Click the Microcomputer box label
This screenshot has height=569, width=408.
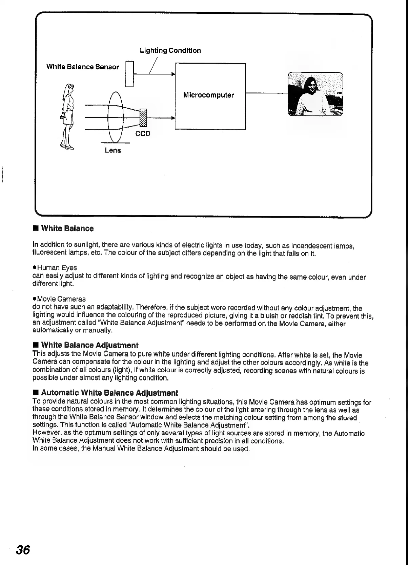tap(208, 95)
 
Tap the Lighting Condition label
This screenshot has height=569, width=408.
tap(170, 50)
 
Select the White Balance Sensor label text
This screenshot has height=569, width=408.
tap(83, 67)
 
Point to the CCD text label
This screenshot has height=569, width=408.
tap(143, 134)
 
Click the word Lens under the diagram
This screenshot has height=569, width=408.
tap(113, 150)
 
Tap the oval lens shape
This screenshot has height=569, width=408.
tap(115, 117)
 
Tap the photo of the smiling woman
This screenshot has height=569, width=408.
tap(315, 94)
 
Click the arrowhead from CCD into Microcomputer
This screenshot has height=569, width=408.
tap(173, 118)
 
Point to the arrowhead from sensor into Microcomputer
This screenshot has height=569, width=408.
tap(173, 74)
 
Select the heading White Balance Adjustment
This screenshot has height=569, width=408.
tap(89, 345)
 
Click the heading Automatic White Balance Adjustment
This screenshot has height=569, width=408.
tap(109, 393)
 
